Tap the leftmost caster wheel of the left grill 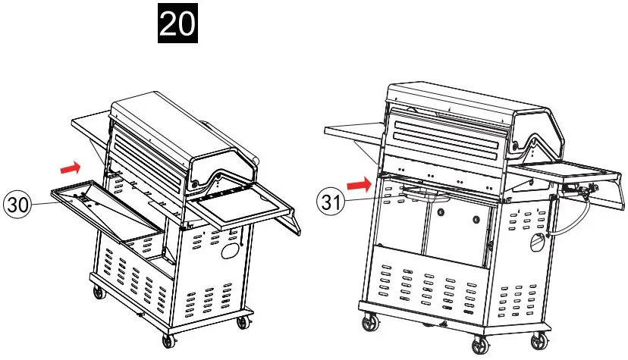(x=97, y=292)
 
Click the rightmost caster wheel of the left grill (x=243, y=321)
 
